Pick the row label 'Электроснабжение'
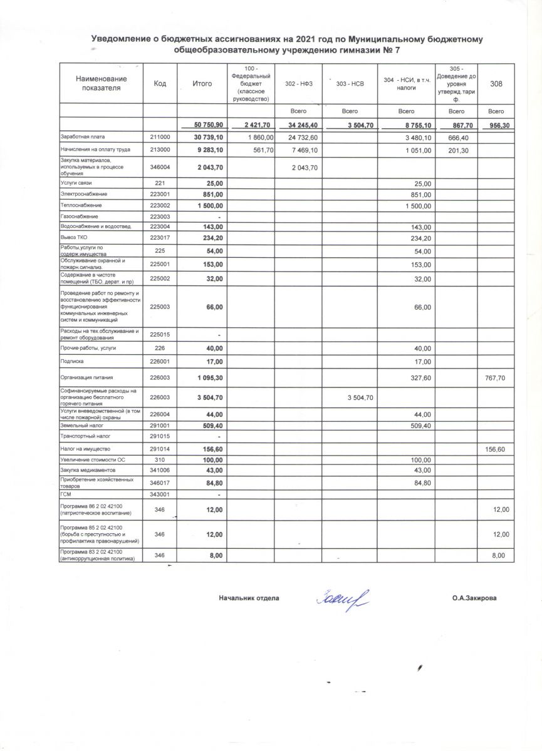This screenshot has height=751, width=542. [x=80, y=194]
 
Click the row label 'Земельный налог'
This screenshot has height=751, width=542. [x=78, y=425]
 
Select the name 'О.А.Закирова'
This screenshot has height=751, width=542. [x=474, y=598]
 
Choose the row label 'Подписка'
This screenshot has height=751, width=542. [x=71, y=361]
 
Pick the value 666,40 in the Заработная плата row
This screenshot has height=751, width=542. [x=459, y=137]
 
